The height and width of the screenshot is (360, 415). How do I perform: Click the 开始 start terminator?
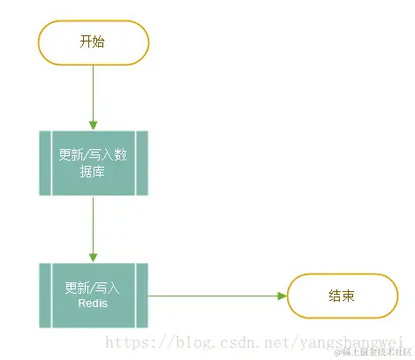tap(93, 41)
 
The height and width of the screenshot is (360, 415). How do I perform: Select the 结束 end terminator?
tap(342, 296)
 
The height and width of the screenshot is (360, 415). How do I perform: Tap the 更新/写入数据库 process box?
tap(93, 163)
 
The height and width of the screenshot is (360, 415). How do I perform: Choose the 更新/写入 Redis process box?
tap(93, 295)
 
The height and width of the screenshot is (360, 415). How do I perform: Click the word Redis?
tap(93, 304)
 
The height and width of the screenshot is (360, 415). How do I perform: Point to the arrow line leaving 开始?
tap(93, 93)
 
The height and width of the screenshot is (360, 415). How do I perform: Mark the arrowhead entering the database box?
tap(93, 125)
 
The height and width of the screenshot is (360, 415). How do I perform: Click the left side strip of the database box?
tap(46, 163)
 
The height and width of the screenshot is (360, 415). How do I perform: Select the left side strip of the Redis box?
tap(46, 295)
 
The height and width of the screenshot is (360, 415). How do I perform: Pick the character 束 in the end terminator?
tap(349, 296)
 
